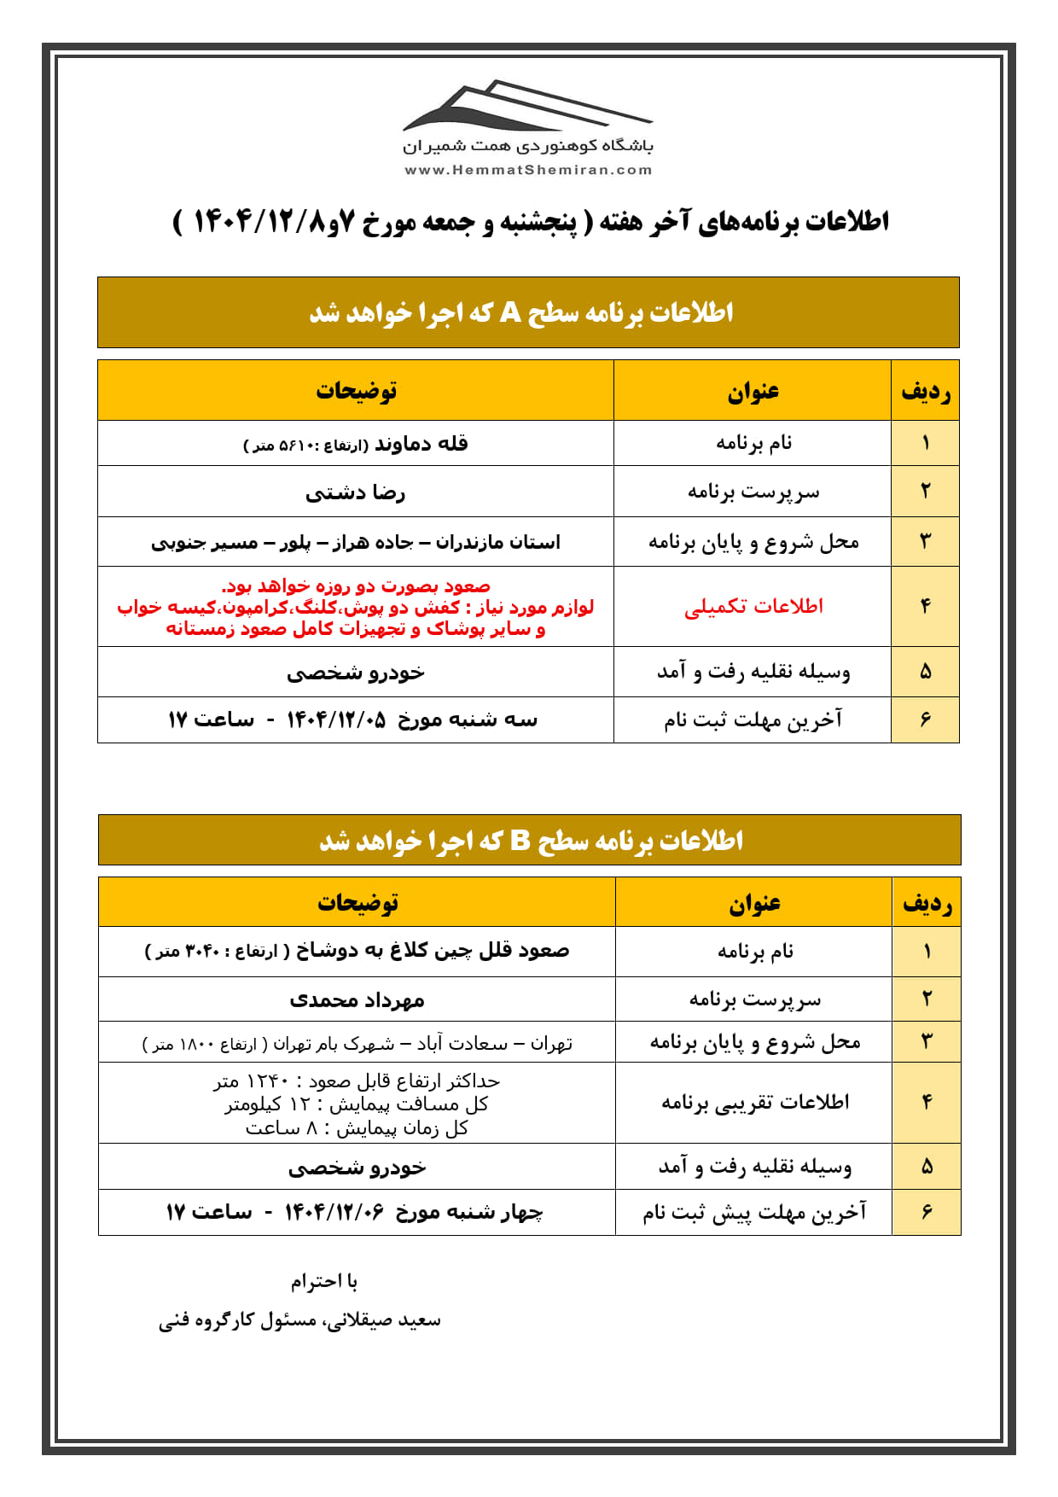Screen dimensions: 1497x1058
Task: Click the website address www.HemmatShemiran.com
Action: (528, 170)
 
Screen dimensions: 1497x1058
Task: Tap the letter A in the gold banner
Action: (510, 312)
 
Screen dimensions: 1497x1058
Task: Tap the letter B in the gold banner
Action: (520, 841)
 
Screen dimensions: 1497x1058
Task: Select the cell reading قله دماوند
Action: (421, 443)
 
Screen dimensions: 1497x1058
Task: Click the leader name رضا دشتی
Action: (356, 492)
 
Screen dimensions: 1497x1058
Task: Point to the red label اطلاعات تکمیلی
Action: (753, 606)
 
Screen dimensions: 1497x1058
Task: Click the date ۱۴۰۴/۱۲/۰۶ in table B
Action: (334, 1212)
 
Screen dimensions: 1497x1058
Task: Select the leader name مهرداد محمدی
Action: (357, 999)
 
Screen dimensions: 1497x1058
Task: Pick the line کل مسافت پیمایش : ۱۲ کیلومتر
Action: (357, 1104)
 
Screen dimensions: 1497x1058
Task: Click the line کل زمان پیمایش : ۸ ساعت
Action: (357, 1128)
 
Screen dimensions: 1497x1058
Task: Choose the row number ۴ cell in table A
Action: (926, 606)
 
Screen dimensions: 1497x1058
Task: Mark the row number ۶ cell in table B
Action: (927, 1212)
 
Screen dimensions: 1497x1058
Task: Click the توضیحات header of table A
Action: (356, 391)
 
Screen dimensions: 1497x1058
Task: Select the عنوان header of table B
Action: (754, 903)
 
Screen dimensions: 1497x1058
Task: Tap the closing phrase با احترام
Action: (324, 1281)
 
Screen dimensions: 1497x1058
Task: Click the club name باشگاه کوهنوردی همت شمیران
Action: (528, 147)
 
